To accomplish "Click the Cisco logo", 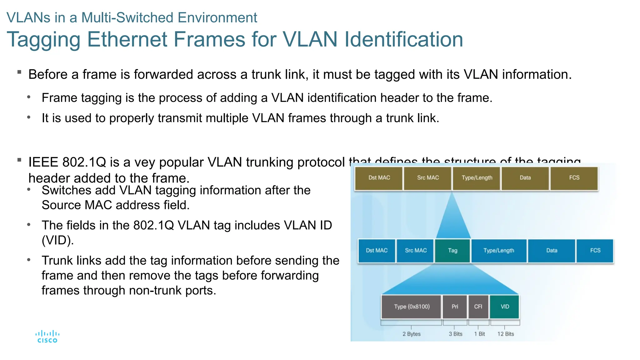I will (x=47, y=337).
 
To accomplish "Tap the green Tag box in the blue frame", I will (x=452, y=251).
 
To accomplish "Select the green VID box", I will (x=505, y=307).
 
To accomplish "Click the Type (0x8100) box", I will (x=411, y=307).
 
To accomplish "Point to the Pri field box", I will (x=455, y=307).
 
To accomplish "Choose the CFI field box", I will (x=478, y=307).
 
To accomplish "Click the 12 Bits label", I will (x=505, y=334).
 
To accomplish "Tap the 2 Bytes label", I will (x=411, y=334).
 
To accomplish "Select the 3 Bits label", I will (x=455, y=334).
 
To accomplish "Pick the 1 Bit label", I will (x=479, y=334).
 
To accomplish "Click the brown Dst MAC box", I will (x=379, y=178).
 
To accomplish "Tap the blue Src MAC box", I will (x=415, y=251).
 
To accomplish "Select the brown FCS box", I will (x=574, y=178).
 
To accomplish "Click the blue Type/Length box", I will (x=498, y=251).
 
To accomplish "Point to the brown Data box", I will (x=525, y=178).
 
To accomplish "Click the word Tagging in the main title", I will (x=44, y=40).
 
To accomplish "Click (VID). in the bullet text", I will (x=58, y=240).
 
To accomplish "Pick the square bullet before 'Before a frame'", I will (x=19, y=72).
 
